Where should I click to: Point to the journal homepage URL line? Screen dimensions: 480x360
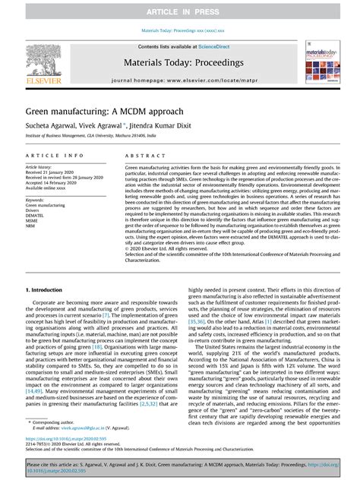pyautogui.click(x=179, y=79)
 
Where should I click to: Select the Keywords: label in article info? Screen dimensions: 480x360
pyautogui.click(x=38, y=199)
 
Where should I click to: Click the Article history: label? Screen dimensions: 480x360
pyautogui.click(x=44, y=166)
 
